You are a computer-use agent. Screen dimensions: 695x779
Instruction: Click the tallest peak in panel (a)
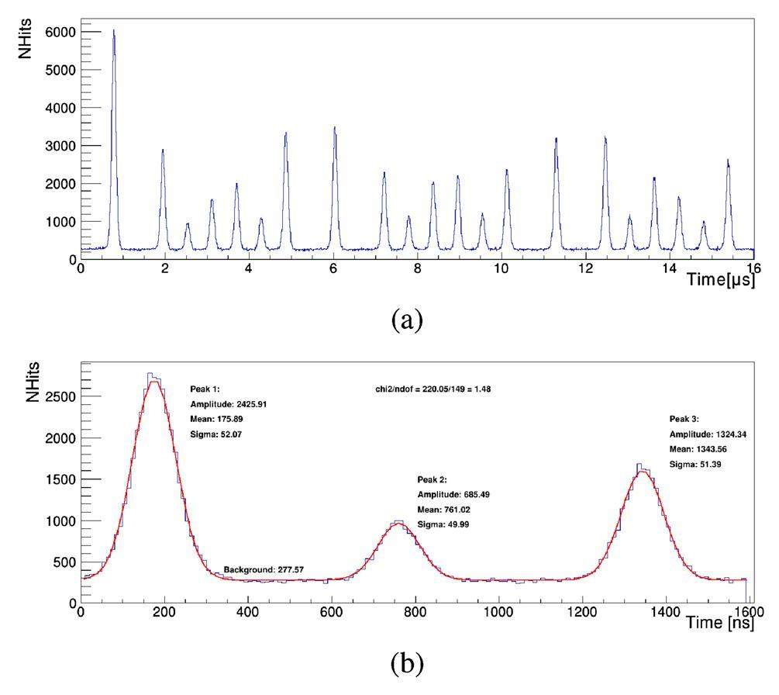113,32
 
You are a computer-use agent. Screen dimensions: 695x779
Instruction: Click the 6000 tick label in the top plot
60,33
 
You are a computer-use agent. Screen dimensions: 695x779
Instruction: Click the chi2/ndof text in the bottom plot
433,389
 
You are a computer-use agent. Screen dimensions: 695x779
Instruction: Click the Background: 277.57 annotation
264,570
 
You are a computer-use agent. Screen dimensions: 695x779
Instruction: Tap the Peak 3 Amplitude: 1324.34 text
708,434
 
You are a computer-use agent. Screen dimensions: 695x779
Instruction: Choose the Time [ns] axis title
721,622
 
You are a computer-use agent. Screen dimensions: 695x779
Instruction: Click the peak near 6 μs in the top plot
335,128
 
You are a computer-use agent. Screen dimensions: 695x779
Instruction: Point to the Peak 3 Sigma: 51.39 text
695,464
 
